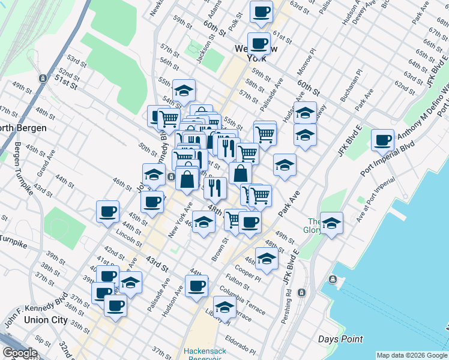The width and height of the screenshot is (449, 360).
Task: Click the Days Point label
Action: tap(341, 339)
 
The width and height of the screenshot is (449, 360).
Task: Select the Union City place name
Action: tap(46, 320)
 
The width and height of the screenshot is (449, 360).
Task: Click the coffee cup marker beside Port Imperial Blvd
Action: tap(382, 141)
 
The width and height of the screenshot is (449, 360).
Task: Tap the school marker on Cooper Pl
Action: tap(267, 259)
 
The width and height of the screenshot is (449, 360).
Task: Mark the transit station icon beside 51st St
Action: tap(43, 79)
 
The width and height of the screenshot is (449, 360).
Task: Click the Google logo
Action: tap(20, 353)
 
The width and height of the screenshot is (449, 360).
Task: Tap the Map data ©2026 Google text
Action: tap(411, 355)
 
